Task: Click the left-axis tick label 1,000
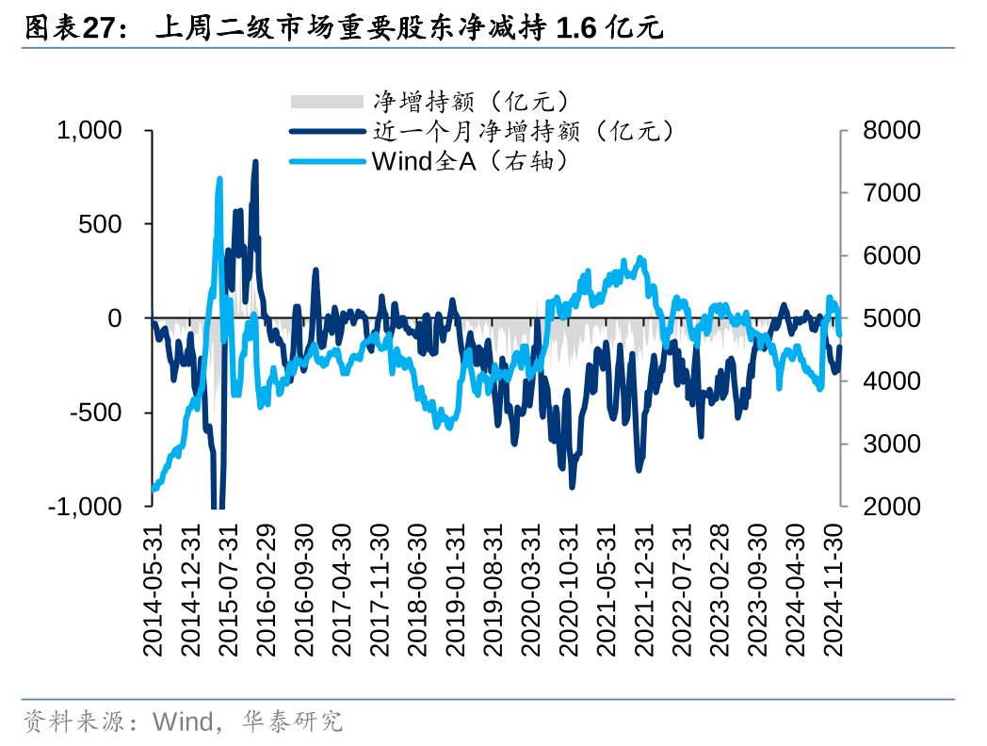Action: tap(89, 131)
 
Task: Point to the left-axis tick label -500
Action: tap(96, 413)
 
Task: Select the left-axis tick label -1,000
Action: tap(86, 506)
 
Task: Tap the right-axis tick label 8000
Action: tap(891, 131)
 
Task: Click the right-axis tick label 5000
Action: tap(891, 318)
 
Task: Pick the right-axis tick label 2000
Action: tap(891, 506)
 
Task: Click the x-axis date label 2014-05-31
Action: tap(153, 591)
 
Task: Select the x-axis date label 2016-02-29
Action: tap(267, 591)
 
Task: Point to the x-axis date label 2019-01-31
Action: tap(455, 591)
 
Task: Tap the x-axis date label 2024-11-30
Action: tap(833, 591)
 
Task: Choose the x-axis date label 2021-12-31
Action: tap(644, 591)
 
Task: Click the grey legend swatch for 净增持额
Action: tap(326, 102)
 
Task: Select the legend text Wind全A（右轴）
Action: tap(471, 162)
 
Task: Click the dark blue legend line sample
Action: tap(326, 132)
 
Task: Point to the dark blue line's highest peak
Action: tap(255, 162)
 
